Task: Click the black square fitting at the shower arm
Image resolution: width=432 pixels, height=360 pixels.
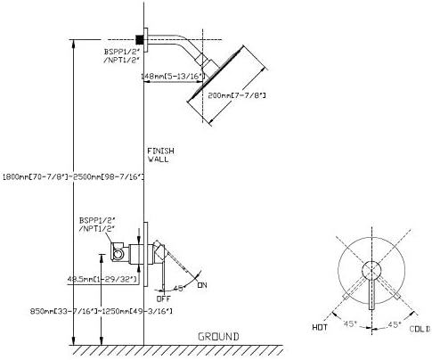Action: coord(140,38)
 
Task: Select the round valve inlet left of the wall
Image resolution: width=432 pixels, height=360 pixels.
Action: coord(118,256)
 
